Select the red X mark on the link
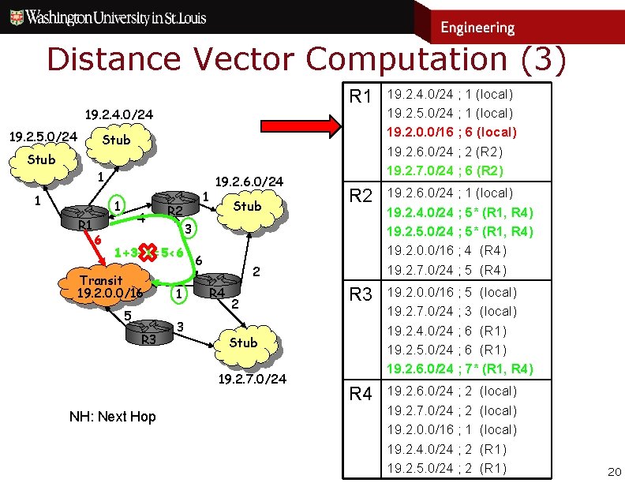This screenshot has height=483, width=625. click(x=148, y=253)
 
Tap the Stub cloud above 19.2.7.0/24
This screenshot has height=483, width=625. click(x=242, y=343)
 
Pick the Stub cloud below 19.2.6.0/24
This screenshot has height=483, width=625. click(x=246, y=206)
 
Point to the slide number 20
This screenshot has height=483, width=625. click(x=612, y=471)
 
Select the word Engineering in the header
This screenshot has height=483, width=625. click(x=477, y=28)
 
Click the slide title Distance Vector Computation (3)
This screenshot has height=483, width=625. click(x=306, y=60)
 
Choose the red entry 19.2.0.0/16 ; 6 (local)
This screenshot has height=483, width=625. click(x=451, y=132)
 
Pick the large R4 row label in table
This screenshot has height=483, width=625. click(x=361, y=394)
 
